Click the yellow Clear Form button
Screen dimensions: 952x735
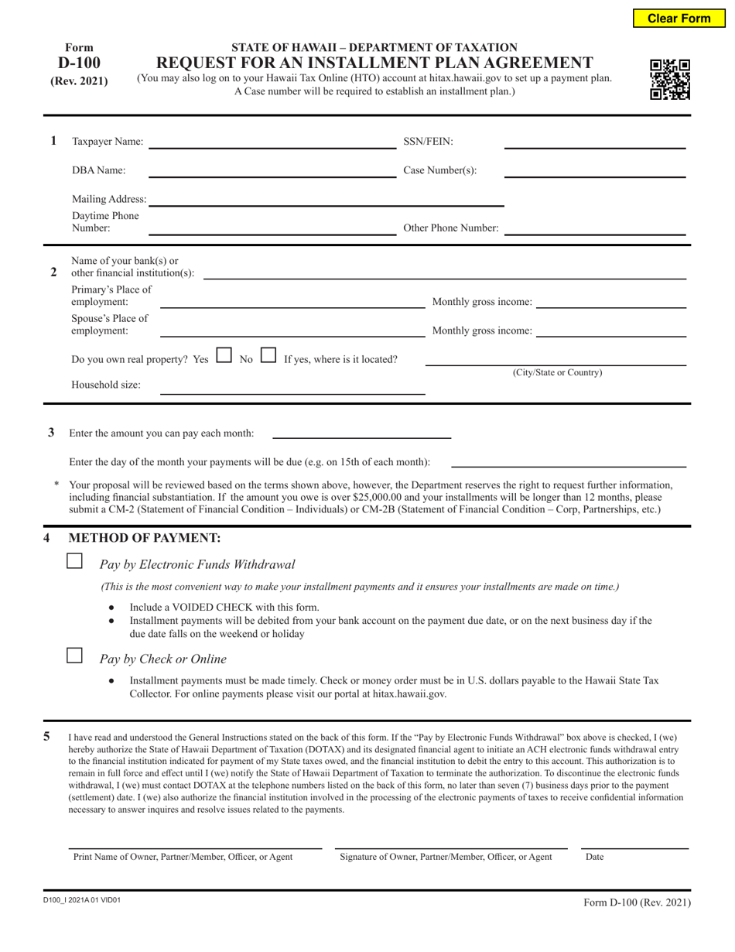pos(678,18)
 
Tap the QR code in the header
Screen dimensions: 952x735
pos(669,80)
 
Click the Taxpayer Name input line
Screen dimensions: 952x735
pos(272,141)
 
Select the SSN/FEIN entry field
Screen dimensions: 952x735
pos(594,141)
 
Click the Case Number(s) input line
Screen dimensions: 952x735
pos(594,170)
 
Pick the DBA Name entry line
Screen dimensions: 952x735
pos(272,170)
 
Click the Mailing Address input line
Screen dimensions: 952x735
pos(326,199)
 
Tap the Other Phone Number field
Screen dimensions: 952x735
pos(594,228)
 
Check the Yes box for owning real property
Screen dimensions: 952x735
pos(224,357)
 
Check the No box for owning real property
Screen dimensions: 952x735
pos(268,357)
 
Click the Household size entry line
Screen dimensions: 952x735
pos(292,387)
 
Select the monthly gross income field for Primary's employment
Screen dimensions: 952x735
pos(610,301)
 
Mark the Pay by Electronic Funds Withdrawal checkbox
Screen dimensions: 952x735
pos(75,562)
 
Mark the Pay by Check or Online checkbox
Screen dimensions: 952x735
pos(75,656)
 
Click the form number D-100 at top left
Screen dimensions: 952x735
pos(79,63)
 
